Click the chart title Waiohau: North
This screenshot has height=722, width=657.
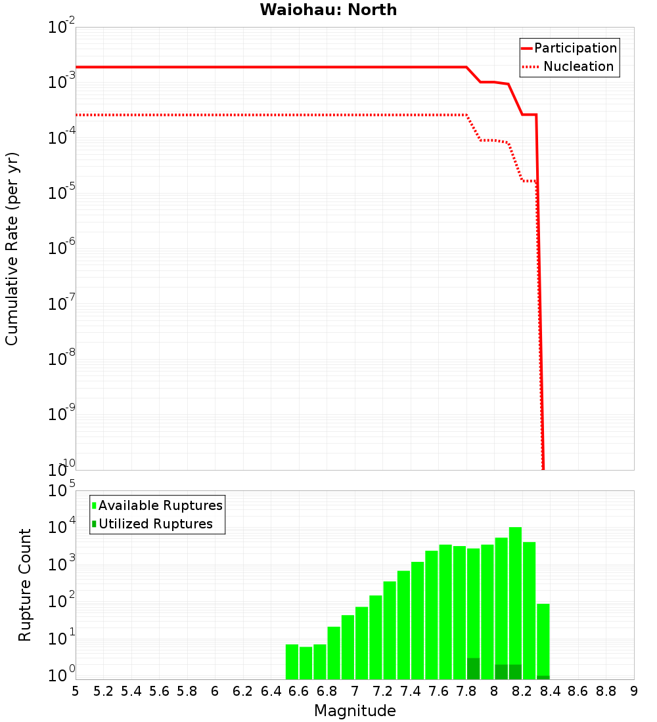pyautogui.click(x=328, y=10)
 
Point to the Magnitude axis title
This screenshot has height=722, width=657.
pyautogui.click(x=355, y=711)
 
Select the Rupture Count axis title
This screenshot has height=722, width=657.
pyautogui.click(x=25, y=585)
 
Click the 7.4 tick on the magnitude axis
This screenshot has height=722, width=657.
pyautogui.click(x=411, y=691)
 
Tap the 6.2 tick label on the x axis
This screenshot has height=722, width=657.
pyautogui.click(x=243, y=691)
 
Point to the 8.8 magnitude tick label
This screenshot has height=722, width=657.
pyautogui.click(x=606, y=691)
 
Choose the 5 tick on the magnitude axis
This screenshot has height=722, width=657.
pyautogui.click(x=76, y=691)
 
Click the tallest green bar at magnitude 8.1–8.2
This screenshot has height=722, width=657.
pyautogui.click(x=515, y=591)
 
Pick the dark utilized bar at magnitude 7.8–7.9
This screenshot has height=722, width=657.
pyautogui.click(x=473, y=668)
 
